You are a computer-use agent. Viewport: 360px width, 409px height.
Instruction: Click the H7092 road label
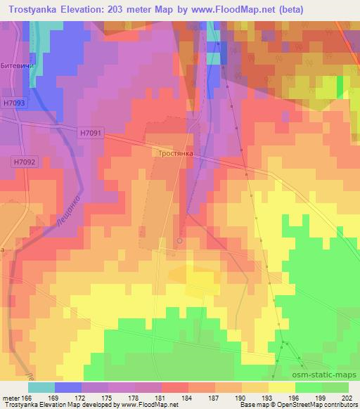[24, 162]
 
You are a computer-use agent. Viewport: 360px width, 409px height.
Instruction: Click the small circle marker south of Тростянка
[179, 241]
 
